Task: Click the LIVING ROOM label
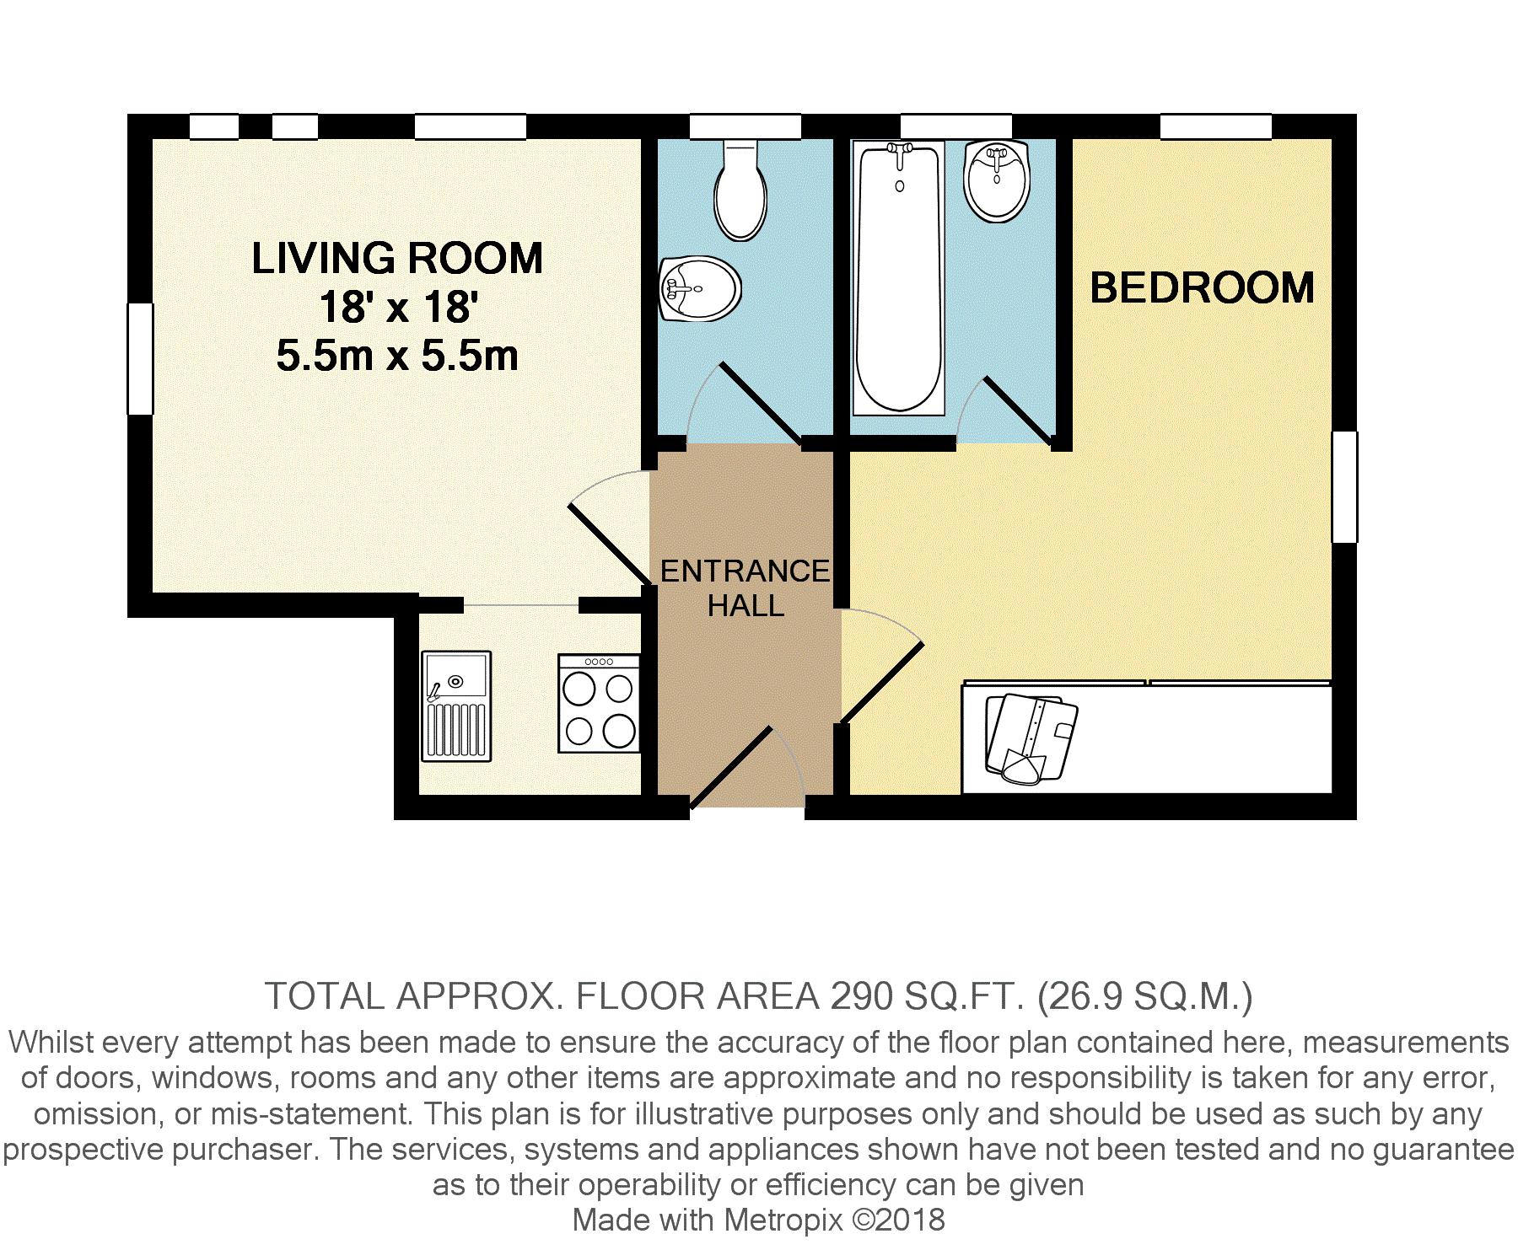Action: [x=397, y=258]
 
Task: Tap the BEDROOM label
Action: [x=1203, y=287]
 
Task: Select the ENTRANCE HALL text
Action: [x=746, y=588]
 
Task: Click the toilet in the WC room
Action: [x=740, y=190]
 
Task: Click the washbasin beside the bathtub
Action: [x=998, y=180]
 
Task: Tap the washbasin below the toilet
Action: [x=698, y=289]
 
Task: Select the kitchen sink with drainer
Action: [x=456, y=706]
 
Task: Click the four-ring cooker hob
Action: [x=599, y=704]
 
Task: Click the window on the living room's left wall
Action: [x=140, y=359]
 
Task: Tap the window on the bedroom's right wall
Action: [x=1344, y=486]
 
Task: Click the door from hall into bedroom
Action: [x=880, y=666]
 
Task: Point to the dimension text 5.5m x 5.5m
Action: [x=397, y=357]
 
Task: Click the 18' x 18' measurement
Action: [x=397, y=307]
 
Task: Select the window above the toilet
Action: [x=745, y=127]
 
